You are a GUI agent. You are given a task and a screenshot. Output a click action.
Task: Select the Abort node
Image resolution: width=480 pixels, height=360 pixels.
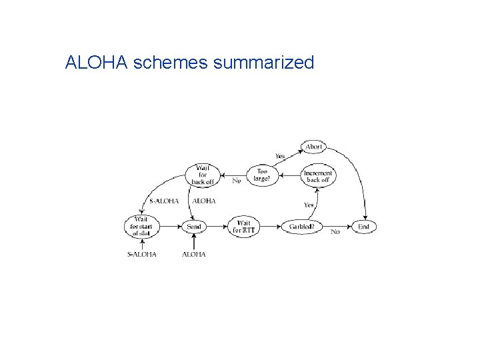pyautogui.click(x=313, y=147)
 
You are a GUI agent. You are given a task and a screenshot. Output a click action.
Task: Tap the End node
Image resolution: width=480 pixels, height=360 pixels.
pyautogui.click(x=363, y=227)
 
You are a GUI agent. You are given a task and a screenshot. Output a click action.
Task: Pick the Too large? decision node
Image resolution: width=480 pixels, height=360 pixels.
pyautogui.click(x=262, y=175)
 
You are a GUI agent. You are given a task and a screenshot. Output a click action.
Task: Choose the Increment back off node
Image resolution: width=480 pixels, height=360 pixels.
pyautogui.click(x=317, y=175)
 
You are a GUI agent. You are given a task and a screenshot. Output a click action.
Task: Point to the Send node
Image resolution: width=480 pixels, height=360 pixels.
pyautogui.click(x=194, y=227)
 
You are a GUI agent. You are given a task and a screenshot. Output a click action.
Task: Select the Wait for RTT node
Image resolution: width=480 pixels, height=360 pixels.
pyautogui.click(x=243, y=227)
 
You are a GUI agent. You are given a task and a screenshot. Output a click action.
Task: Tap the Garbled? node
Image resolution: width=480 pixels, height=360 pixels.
pyautogui.click(x=302, y=227)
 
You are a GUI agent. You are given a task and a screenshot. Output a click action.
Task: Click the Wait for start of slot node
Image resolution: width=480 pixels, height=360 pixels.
pyautogui.click(x=141, y=227)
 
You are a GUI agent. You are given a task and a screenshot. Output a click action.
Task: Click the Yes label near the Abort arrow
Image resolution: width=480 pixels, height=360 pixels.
pyautogui.click(x=280, y=156)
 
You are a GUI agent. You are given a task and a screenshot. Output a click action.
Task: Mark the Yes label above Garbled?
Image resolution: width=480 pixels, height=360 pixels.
pyautogui.click(x=309, y=205)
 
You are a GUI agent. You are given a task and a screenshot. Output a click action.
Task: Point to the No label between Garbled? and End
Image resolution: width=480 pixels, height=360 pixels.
pyautogui.click(x=335, y=232)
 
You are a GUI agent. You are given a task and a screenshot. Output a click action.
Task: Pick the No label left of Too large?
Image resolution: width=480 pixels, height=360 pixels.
pyautogui.click(x=236, y=181)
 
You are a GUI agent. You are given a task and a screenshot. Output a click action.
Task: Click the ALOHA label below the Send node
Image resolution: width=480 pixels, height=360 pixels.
pyautogui.click(x=194, y=254)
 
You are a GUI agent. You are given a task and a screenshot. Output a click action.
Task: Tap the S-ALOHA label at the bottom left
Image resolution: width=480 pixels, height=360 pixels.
pyautogui.click(x=141, y=254)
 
